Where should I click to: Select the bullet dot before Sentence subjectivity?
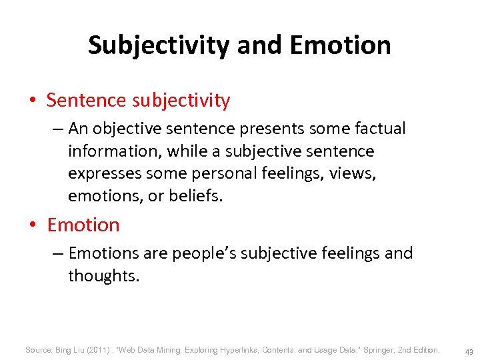[32, 101]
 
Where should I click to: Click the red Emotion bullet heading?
[83, 225]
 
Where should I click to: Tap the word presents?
[261, 128]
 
